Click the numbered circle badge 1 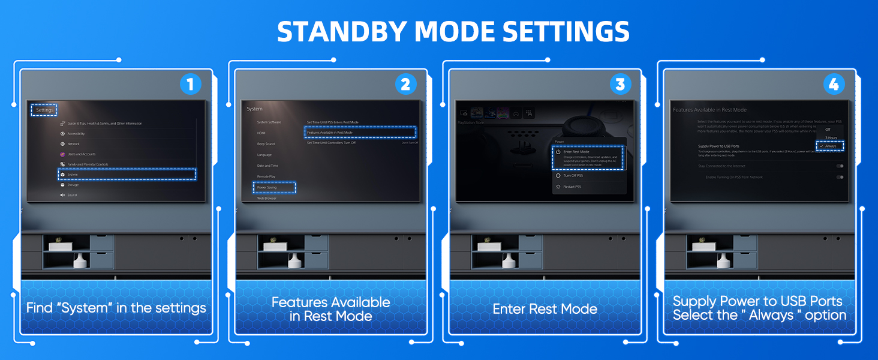click(190, 85)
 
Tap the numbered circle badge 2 click(405, 85)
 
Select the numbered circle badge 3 click(620, 85)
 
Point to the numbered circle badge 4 click(833, 85)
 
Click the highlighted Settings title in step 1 click(44, 110)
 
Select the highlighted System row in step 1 click(127, 174)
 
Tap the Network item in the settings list click(73, 144)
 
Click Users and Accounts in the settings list click(81, 154)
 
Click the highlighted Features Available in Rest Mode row click(360, 132)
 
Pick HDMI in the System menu click(261, 133)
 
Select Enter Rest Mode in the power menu click(588, 158)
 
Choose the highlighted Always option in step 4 click(830, 146)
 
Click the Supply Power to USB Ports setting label click(718, 146)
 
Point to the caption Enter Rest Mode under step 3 click(545, 309)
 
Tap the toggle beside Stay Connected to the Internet click(840, 166)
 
